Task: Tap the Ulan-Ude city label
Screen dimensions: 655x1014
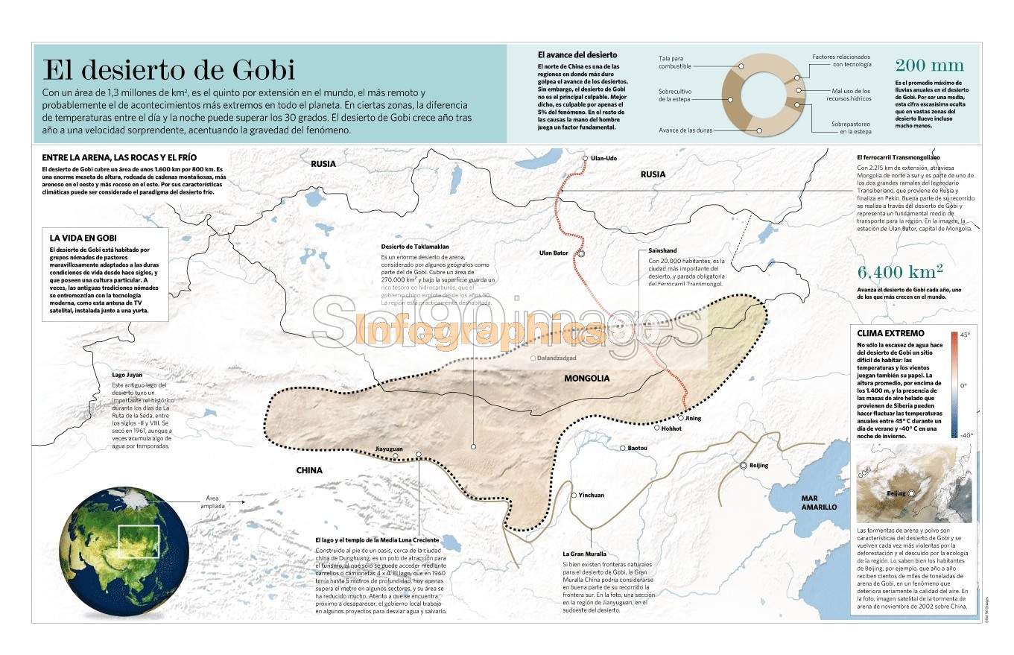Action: click(x=603, y=158)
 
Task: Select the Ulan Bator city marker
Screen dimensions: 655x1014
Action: click(x=581, y=253)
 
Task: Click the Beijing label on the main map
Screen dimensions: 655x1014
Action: click(x=758, y=465)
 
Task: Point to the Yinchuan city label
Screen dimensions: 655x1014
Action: click(x=592, y=495)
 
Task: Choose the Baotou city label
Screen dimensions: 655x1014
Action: click(x=638, y=448)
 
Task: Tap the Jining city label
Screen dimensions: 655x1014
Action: click(x=694, y=418)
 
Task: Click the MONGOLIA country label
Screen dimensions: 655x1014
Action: click(x=586, y=378)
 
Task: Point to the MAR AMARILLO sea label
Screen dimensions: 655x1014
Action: click(x=819, y=502)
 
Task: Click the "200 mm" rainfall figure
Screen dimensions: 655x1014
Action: click(x=929, y=65)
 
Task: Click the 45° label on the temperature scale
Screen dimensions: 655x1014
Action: click(x=965, y=335)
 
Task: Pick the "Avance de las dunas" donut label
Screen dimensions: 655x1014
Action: click(x=685, y=130)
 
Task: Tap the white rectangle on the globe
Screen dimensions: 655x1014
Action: click(x=139, y=542)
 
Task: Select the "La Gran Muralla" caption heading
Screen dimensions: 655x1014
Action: click(x=584, y=554)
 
